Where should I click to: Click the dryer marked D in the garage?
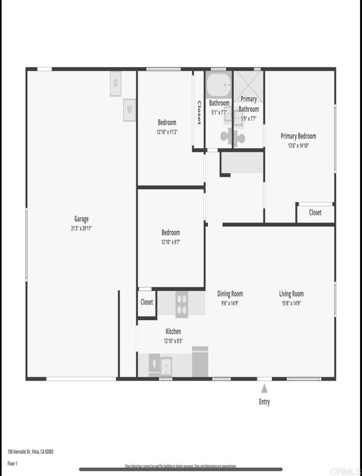[116, 84]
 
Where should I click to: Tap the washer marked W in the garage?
[130, 110]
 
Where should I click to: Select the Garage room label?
[81, 219]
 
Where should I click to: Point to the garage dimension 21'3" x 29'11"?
[81, 228]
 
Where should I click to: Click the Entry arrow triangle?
[264, 388]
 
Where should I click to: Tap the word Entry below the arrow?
[264, 402]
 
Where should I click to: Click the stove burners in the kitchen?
[182, 304]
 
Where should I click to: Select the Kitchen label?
[173, 331]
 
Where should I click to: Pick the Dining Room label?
[230, 294]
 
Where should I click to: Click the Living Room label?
[291, 294]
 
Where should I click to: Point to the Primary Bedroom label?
[298, 136]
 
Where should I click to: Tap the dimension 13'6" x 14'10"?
[298, 145]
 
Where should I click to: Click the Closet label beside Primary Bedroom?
[315, 212]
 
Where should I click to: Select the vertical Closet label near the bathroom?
[199, 113]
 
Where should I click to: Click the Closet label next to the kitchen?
[147, 302]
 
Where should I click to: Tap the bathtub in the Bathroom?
[218, 85]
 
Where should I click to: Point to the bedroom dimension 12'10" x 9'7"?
[171, 242]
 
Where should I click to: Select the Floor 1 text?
[13, 463]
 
